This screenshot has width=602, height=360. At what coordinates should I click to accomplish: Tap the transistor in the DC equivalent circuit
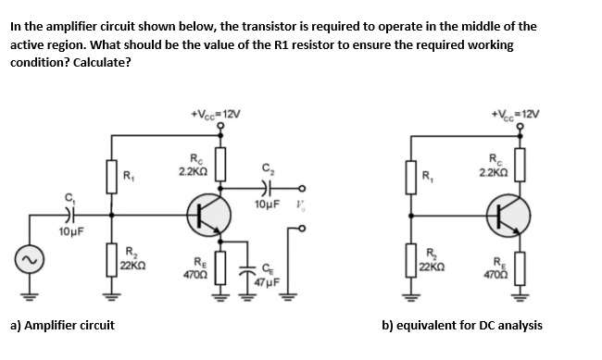pyautogui.click(x=510, y=215)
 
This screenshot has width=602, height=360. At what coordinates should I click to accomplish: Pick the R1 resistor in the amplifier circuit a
pyautogui.click(x=114, y=176)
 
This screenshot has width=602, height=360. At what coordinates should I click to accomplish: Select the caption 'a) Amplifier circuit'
pyautogui.click(x=62, y=325)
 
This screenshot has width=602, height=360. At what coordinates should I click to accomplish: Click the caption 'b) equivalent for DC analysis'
pyautogui.click(x=462, y=325)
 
